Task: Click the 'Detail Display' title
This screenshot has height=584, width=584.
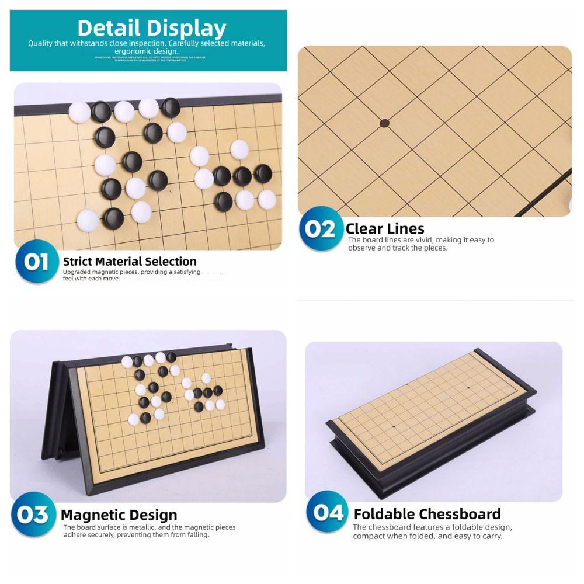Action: coord(151,28)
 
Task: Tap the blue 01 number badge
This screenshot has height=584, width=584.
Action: coord(36,262)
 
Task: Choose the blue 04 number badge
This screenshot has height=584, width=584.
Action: coord(328,513)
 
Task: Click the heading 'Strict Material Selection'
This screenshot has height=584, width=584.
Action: coord(130,262)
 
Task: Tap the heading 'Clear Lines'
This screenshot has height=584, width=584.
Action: coord(384,228)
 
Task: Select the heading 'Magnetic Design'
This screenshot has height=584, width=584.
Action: coord(119,515)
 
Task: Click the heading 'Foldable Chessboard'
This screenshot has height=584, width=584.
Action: coord(427,514)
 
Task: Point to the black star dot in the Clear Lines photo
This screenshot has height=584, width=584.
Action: coord(384,123)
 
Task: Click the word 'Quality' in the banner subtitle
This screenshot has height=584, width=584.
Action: coord(40,44)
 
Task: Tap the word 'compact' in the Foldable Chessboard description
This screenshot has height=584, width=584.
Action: coord(369,536)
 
